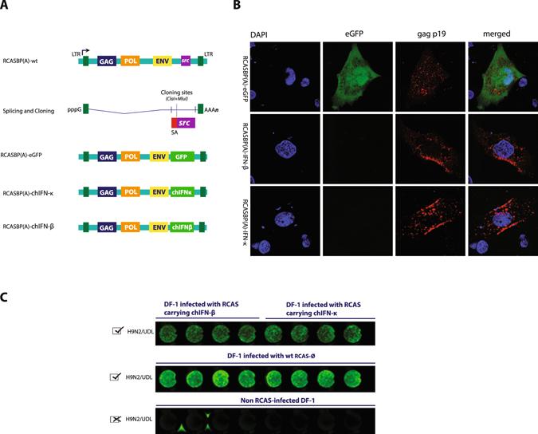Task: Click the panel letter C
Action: pos(6,298)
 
